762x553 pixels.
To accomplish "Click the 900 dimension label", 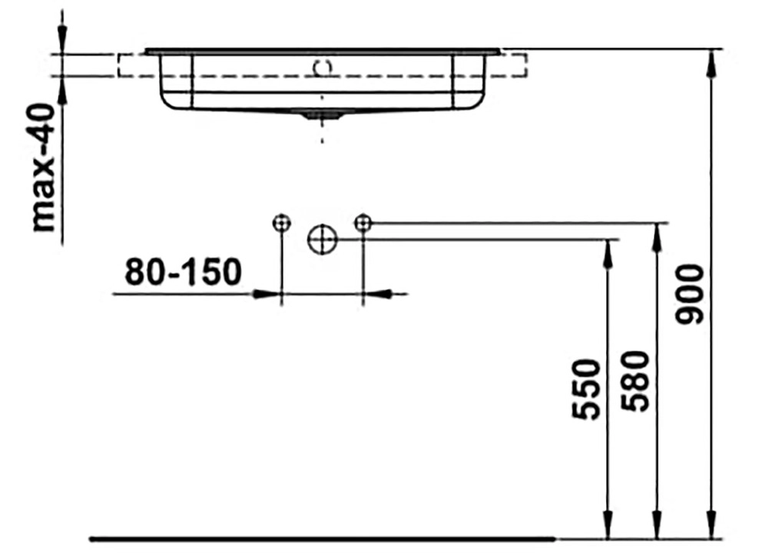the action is (690, 294).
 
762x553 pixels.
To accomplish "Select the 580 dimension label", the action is (635, 381).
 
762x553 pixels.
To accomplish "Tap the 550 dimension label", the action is (586, 389).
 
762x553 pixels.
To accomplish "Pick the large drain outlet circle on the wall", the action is (322, 239).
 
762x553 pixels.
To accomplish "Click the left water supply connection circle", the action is (282, 224).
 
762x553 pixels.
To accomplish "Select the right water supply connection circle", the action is (363, 223).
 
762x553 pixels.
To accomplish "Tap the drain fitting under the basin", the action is (316, 114).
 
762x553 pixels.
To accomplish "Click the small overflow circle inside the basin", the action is (323, 68).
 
